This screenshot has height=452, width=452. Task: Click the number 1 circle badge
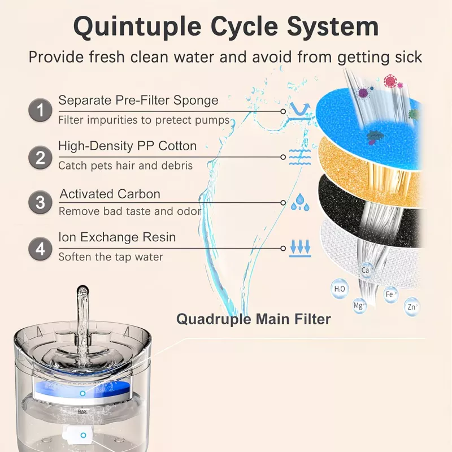(40, 110)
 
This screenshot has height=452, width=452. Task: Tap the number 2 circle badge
(40, 158)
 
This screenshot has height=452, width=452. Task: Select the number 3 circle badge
(40, 202)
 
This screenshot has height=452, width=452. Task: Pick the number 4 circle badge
(40, 249)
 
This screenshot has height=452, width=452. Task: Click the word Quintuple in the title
(137, 27)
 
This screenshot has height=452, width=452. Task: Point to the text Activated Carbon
(110, 194)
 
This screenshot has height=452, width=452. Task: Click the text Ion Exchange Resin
(117, 237)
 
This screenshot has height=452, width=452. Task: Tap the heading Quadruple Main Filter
(253, 319)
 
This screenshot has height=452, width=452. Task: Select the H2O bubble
(340, 289)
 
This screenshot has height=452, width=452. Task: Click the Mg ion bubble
(359, 306)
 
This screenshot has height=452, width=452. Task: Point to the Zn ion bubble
(412, 307)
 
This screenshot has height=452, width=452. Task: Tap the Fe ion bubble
(391, 294)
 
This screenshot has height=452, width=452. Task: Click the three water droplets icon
(300, 202)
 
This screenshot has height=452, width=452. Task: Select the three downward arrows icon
(300, 248)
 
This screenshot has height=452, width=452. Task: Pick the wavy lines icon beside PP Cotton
(300, 158)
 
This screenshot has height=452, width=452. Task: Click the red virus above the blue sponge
(390, 81)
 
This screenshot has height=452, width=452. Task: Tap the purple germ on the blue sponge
(363, 93)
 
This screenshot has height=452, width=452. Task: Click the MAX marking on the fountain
(82, 412)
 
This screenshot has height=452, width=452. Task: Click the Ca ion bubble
(366, 270)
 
